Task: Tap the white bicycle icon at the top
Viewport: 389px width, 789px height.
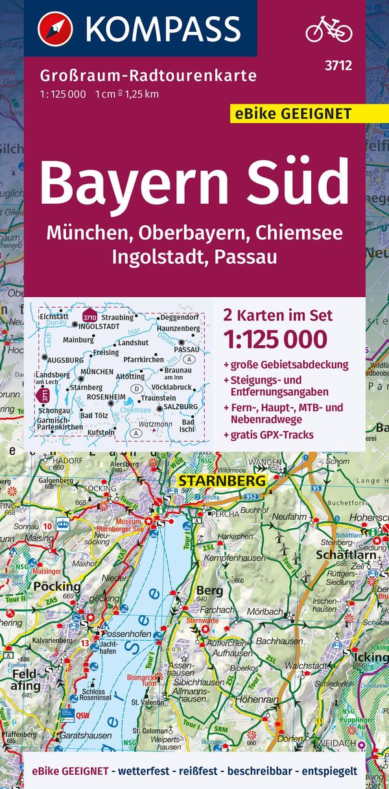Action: pos(329,29)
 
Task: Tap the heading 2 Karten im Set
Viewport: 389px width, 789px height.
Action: pos(277,315)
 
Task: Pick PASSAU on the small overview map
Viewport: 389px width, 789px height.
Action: pos(187,349)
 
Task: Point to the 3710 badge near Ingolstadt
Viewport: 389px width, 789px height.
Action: pos(89,317)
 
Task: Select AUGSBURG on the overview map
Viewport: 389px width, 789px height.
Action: pos(65,359)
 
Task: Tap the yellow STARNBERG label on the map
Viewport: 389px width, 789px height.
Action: pos(221,481)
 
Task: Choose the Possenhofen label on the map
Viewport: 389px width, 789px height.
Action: pos(127,634)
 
